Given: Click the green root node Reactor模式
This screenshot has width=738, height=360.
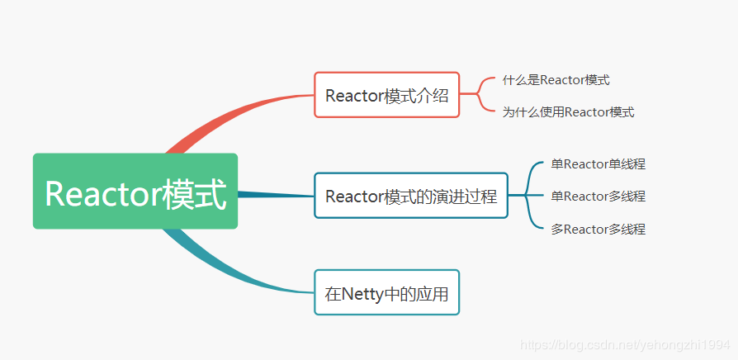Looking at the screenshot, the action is coord(135,191).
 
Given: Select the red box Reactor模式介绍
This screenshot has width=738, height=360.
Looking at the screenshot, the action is coord(386,95).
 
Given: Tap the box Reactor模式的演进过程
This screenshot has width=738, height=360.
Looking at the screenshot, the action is coord(411,196).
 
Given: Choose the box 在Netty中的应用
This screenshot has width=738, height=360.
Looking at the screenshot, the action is coord(386,292).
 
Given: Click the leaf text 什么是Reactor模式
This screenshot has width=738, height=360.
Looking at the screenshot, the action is coord(556,80).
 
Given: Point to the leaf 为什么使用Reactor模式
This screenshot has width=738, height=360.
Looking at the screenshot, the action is coord(568,112).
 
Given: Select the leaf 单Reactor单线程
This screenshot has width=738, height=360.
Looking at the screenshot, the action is coord(598,164).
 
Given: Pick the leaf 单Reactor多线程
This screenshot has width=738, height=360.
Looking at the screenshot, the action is coord(598,196).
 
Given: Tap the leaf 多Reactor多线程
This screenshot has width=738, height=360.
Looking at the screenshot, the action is coord(598,230).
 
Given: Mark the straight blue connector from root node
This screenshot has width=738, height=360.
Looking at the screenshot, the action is coord(276,194).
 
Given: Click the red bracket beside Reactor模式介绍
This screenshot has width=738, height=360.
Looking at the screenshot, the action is coord(478,94).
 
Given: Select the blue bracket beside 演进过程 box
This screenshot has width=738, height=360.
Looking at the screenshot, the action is coord(526,196).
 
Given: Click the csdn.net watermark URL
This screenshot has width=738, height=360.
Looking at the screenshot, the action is coord(625,345).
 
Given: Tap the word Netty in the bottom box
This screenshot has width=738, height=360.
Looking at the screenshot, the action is coord(362,294).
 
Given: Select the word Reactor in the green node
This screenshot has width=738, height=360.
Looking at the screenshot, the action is coord(103,194).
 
